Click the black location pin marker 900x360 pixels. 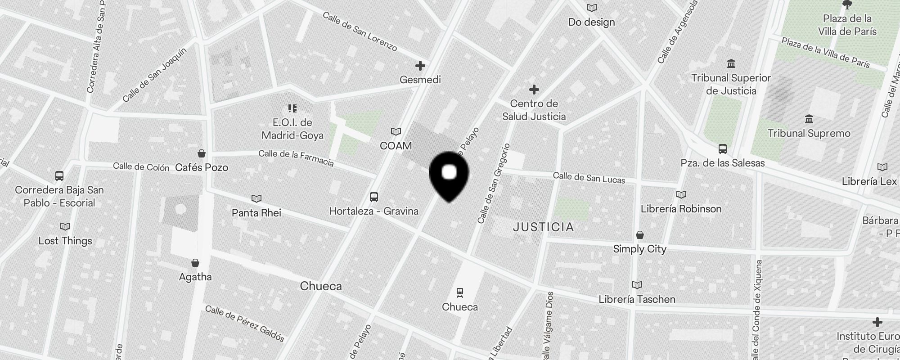449,175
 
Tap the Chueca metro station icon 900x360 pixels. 460,293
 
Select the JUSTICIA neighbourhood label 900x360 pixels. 544,227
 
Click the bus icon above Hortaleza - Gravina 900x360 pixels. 374,197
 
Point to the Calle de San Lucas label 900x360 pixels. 589,178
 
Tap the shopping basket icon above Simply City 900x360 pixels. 639,235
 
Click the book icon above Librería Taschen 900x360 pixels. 637,285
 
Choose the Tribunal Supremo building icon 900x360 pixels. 809,119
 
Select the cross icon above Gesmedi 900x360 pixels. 420,66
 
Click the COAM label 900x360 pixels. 396,146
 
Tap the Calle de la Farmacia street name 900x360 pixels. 296,158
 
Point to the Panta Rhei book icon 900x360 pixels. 256,198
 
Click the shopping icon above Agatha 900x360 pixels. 195,263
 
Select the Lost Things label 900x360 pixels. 65,241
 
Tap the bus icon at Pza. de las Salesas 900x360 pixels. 723,148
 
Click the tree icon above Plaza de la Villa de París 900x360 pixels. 847,5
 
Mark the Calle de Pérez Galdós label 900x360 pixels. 245,323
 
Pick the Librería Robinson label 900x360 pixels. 681,209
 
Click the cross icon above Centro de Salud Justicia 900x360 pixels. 534,90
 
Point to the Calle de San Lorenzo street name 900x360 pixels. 360,31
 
